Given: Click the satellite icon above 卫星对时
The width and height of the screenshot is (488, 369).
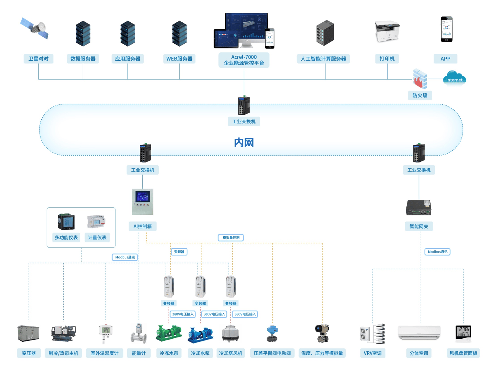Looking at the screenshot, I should [34, 29].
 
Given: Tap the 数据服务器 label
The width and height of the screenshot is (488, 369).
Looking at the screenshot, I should [83, 59].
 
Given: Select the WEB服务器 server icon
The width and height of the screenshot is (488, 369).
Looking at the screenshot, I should [179, 33].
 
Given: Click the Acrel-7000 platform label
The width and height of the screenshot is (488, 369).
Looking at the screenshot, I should [244, 60].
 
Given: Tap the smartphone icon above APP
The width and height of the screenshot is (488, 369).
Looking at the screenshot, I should [446, 30].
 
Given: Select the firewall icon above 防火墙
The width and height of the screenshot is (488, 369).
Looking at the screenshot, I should [420, 79].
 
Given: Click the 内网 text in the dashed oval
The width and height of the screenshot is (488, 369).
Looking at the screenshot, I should [244, 143].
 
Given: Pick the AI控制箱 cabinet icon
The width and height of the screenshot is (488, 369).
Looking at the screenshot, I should [142, 202].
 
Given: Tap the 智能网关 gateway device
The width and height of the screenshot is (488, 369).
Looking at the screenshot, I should [419, 208].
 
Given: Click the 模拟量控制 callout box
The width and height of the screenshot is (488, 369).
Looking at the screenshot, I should [231, 237].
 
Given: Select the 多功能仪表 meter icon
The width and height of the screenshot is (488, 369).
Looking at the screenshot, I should [66, 222].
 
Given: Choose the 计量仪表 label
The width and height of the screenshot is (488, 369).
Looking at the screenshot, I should [97, 237].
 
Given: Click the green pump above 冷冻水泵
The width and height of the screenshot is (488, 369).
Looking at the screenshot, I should [169, 333].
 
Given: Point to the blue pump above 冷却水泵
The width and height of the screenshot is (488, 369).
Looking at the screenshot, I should [200, 335].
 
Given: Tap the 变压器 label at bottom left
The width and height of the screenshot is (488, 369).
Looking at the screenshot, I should [29, 353].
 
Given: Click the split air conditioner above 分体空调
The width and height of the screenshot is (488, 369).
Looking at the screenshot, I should [419, 333].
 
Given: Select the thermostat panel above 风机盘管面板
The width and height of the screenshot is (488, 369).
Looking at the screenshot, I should [463, 333].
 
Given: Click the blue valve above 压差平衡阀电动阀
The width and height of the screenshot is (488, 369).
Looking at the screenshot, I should [272, 334].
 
